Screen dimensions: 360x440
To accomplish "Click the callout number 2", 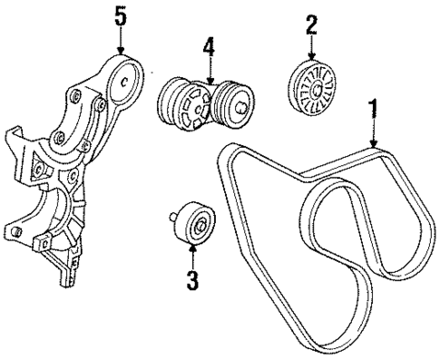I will point(311,25).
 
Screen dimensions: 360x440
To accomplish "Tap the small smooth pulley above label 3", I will point(195,223).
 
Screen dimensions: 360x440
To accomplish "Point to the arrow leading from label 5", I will point(121,40).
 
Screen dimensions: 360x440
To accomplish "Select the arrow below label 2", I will point(311,47).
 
